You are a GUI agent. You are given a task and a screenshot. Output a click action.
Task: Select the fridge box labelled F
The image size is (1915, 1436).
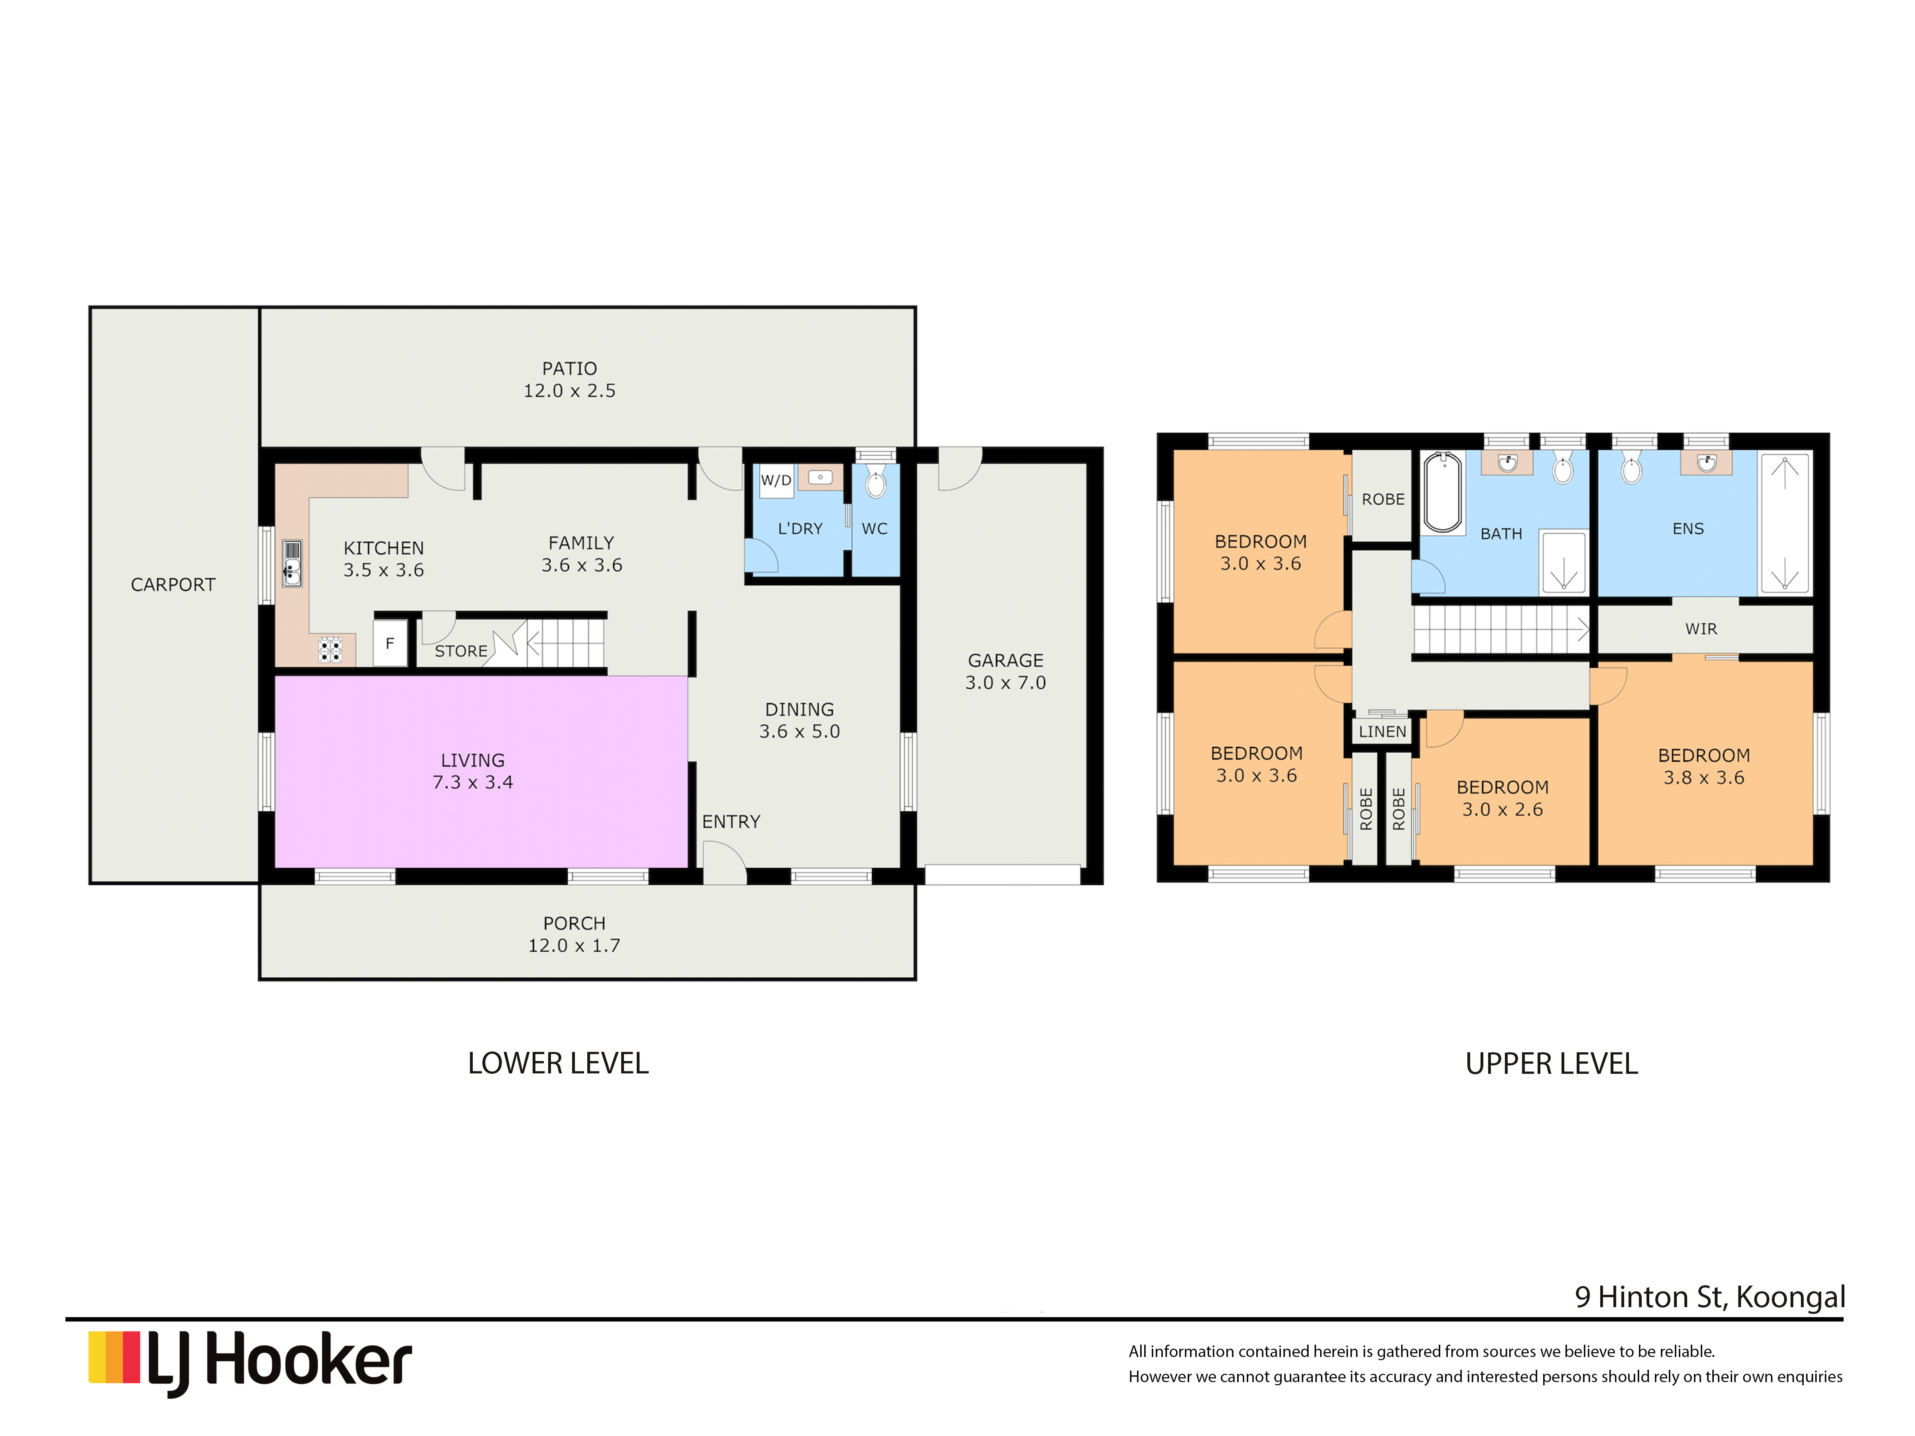[x=389, y=643]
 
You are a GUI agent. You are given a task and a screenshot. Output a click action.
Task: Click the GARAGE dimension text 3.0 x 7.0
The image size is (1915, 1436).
[x=1005, y=683]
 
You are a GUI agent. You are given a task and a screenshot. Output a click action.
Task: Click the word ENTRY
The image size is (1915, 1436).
[x=730, y=821]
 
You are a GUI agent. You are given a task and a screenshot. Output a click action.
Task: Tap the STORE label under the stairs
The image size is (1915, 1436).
[x=460, y=651]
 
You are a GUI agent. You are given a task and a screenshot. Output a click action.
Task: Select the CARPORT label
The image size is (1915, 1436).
[x=173, y=585]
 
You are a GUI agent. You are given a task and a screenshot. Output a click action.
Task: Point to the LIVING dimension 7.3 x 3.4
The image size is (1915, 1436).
[x=473, y=783]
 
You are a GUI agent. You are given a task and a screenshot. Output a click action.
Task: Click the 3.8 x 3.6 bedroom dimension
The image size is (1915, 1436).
[x=1703, y=778]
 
